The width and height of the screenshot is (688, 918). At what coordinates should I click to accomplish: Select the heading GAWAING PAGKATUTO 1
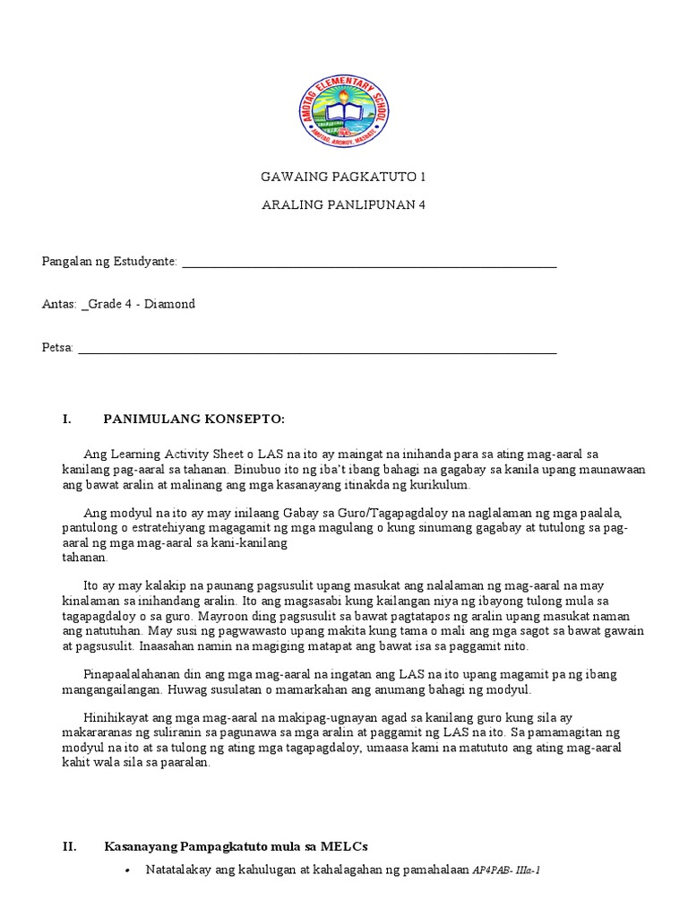pos(343,177)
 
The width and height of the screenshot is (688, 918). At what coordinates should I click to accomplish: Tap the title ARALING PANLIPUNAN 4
pos(343,204)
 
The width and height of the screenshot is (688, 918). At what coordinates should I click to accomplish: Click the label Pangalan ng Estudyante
pos(109,262)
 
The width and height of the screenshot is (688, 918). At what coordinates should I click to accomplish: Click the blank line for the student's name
pos(369,265)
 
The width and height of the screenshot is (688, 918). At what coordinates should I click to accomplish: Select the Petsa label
pos(57,347)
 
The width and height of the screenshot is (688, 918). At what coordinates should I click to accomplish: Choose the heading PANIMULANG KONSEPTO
pos(194,419)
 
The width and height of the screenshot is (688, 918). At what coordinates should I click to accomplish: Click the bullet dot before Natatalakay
pos(129,870)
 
